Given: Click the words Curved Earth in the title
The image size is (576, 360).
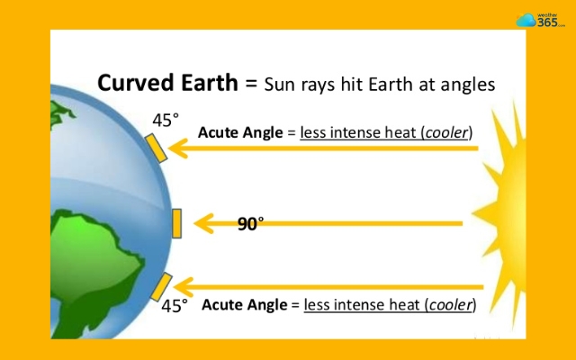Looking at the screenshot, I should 169,84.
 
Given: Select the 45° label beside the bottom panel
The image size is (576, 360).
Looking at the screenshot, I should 175,306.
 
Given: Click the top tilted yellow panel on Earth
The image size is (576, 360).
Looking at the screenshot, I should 156,147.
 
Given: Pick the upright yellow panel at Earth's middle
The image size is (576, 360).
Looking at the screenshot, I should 176,223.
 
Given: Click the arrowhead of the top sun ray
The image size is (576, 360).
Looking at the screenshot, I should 179,148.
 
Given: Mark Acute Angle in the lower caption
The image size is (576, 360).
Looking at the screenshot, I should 240,305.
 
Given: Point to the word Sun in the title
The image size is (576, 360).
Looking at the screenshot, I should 280,85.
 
